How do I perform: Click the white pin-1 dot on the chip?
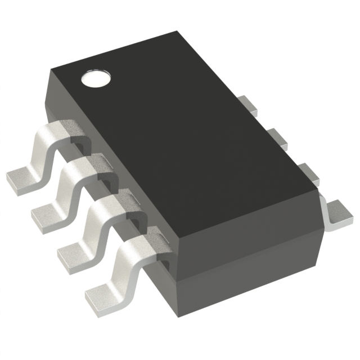tap(94, 79)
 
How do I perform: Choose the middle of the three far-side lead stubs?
tap(276, 136)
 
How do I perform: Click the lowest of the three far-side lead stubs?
tap(307, 171)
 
